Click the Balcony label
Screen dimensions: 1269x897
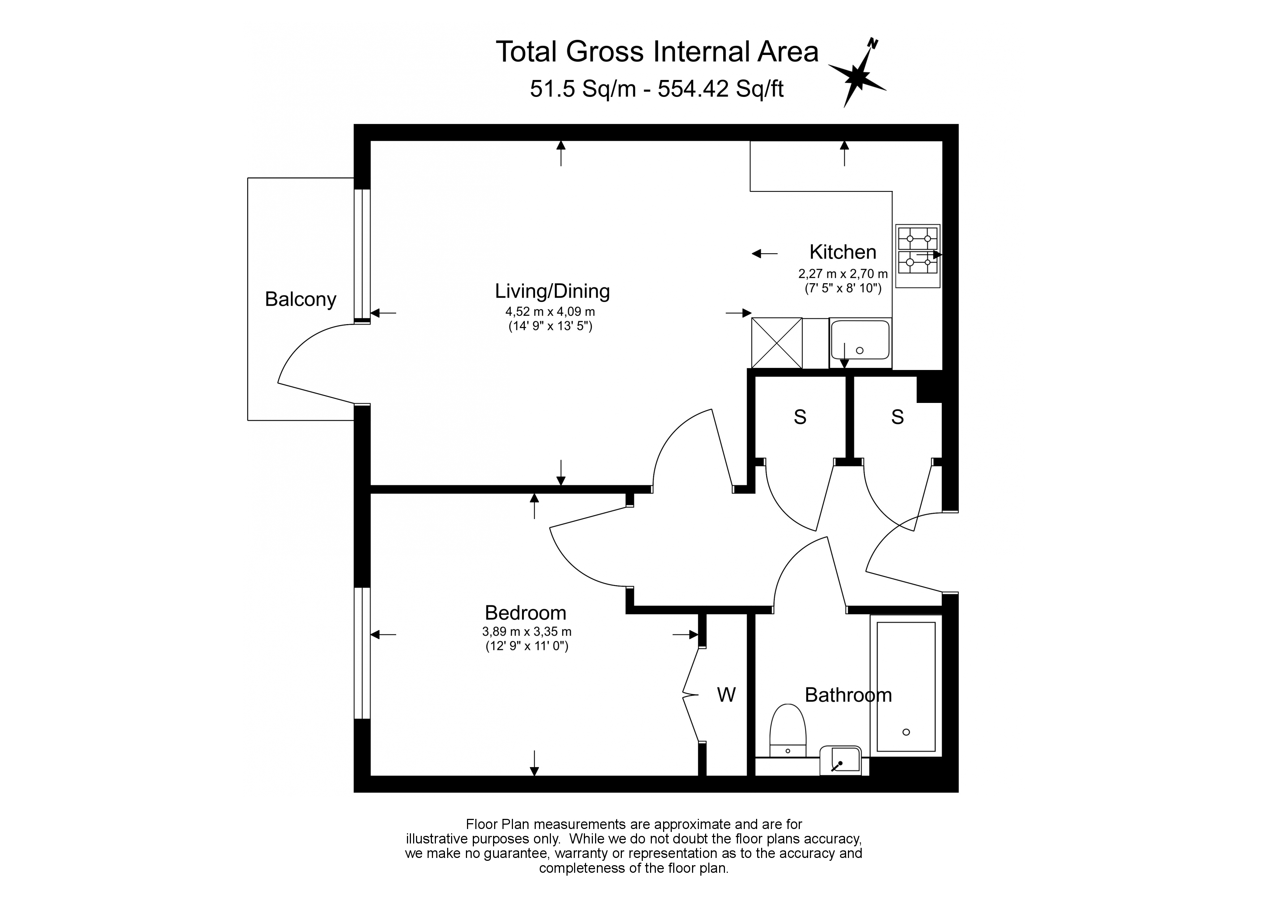click(300, 299)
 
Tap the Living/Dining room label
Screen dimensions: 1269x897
click(552, 291)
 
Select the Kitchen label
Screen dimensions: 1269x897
click(843, 252)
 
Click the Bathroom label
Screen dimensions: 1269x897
click(848, 695)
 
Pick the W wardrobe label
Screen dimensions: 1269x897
click(726, 695)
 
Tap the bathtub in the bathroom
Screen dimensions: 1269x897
click(906, 685)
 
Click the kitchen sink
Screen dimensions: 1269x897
click(860, 343)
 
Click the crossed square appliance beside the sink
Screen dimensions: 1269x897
click(777, 343)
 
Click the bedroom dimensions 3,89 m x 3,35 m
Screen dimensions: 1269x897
click(527, 631)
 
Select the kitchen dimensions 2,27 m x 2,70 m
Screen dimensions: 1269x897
click(843, 273)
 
